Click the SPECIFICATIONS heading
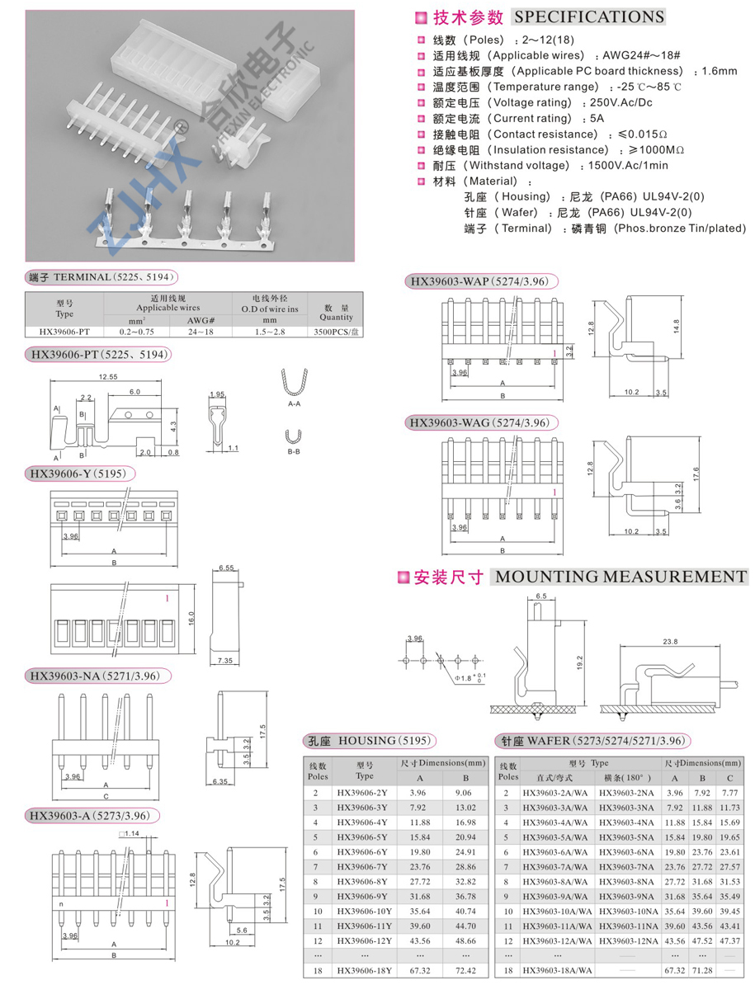(587, 17)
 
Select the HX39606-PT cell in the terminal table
(64, 332)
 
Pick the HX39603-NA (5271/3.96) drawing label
(100, 676)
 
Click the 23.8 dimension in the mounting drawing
(669, 640)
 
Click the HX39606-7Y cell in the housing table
(364, 866)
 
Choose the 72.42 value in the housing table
(465, 971)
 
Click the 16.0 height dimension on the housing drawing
(192, 616)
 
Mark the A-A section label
(294, 405)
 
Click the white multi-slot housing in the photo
(248, 70)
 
